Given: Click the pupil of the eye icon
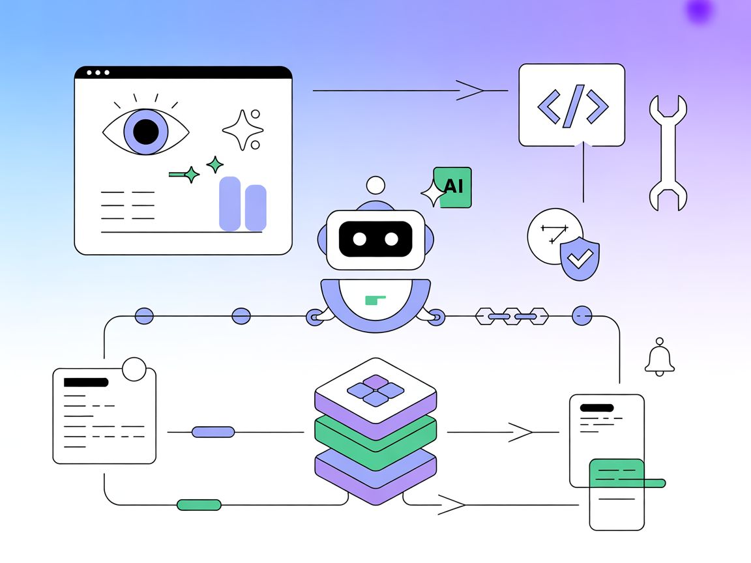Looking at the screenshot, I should tap(146, 132).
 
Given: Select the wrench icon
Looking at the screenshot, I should tap(668, 153).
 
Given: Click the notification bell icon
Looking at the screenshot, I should tap(660, 359).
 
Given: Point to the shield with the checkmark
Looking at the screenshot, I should tap(580, 259).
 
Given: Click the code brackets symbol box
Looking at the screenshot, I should tap(572, 105).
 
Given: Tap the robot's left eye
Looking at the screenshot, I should tap(359, 239).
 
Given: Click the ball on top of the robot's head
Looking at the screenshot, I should tap(375, 185).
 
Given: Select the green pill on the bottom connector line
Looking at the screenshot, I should tap(199, 504).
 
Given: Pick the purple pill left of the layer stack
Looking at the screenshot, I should tap(213, 432).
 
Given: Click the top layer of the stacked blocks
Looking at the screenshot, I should tap(375, 391).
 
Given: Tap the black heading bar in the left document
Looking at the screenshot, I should tap(85, 383).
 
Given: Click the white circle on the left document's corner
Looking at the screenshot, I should tap(134, 369).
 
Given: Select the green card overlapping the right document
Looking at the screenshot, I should tap(617, 474).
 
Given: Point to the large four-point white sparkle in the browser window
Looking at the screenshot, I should tap(242, 130).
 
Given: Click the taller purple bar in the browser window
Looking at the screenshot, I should tap(230, 203).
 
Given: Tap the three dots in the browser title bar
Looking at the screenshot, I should tap(98, 72).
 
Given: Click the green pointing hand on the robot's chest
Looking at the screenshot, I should tap(375, 300).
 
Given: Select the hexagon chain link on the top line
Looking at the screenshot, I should tap(512, 317).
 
